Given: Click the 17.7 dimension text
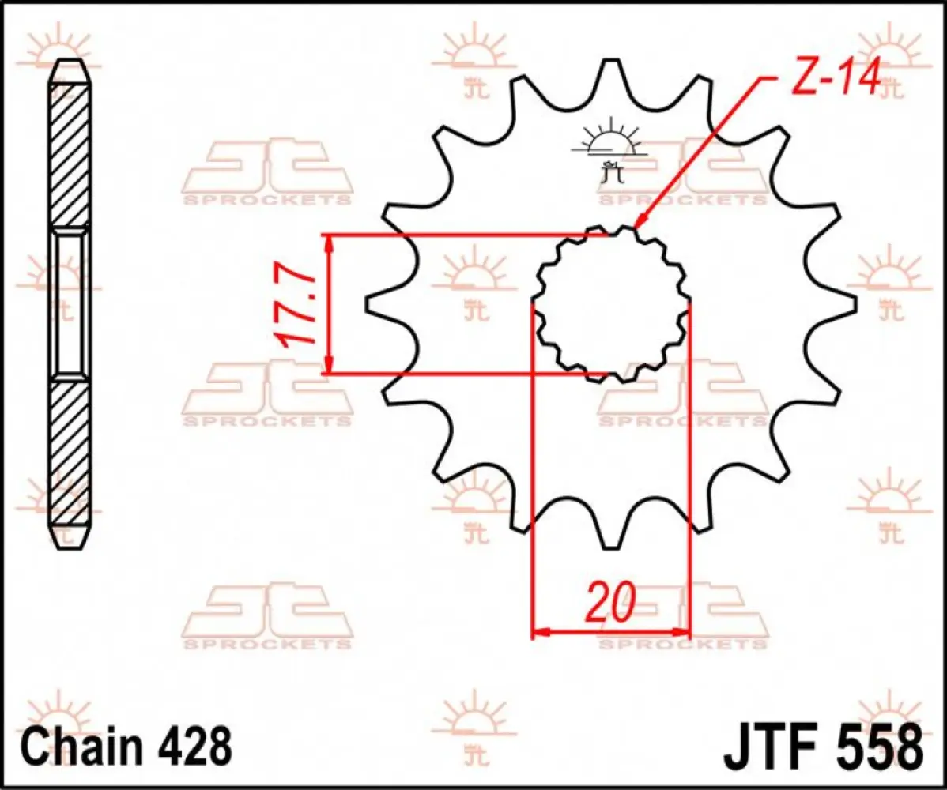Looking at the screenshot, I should point(294,306).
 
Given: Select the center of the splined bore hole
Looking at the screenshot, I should point(612,304).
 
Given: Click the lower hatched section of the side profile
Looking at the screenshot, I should point(70,454).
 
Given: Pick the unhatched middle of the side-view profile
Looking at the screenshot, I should point(70,304).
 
